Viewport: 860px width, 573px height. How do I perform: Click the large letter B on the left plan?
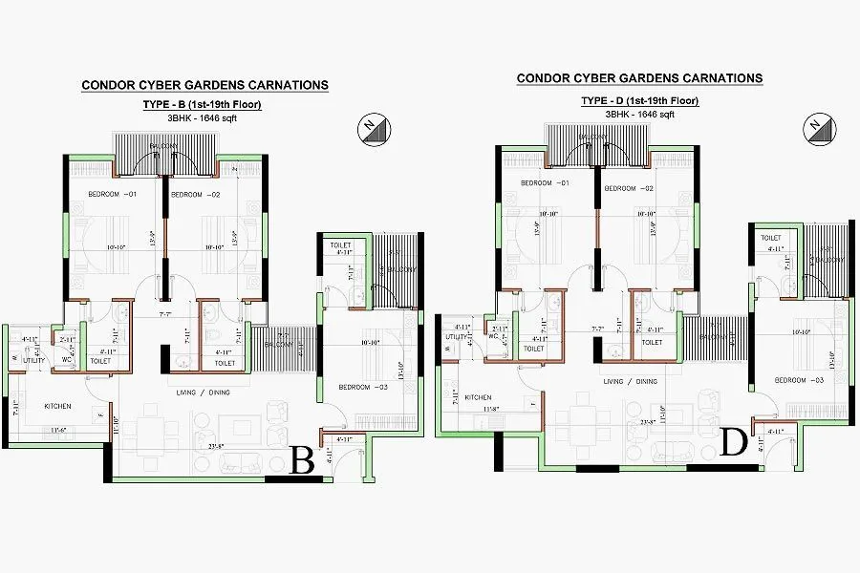coord(303,462)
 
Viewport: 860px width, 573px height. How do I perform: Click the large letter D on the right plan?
coord(734,444)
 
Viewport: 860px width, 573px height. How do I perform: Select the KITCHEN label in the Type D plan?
coord(478,396)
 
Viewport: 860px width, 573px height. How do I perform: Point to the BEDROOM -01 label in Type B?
coord(113,195)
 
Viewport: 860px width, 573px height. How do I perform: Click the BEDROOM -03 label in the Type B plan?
coord(361,387)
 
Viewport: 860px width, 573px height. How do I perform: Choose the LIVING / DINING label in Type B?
coord(200,393)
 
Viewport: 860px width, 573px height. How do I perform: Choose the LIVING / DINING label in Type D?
coord(631,381)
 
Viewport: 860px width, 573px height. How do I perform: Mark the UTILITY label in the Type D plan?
coord(455,337)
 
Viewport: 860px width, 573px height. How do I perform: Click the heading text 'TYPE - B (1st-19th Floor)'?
coord(203,104)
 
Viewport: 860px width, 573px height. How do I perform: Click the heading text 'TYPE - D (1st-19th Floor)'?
coord(639,100)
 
